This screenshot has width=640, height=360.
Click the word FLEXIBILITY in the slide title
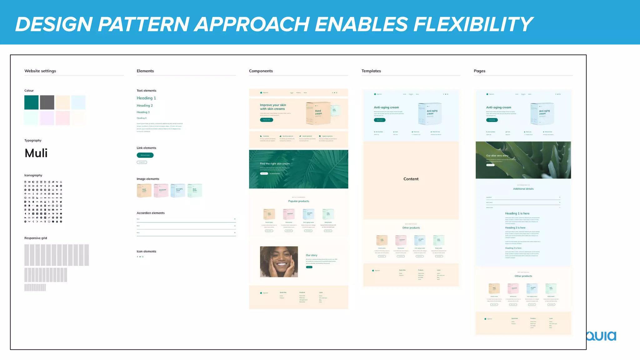point(473,24)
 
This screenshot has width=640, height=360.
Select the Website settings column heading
point(40,71)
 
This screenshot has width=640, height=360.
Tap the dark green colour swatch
point(32,102)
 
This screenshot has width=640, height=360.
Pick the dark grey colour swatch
point(47,102)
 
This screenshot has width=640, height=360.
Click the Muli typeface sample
point(36,153)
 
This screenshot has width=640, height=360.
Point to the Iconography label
point(33,175)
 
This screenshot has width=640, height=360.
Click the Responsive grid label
point(36,238)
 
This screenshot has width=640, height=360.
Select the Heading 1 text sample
point(146,98)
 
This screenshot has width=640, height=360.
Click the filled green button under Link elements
point(145,155)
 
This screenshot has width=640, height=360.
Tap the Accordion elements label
point(151,213)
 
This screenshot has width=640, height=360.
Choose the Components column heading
point(261,71)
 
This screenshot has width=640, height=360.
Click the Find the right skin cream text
point(275,164)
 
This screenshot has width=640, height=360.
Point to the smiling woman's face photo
point(279,262)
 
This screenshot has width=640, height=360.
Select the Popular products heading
point(298,201)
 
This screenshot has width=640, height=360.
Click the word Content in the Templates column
point(411,179)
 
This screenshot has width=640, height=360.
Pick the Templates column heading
point(371,71)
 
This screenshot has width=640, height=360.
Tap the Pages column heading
point(479,71)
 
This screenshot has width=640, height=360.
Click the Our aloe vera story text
point(497,156)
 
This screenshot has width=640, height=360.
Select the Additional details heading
point(523,189)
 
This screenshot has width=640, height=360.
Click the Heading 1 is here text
point(517,213)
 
